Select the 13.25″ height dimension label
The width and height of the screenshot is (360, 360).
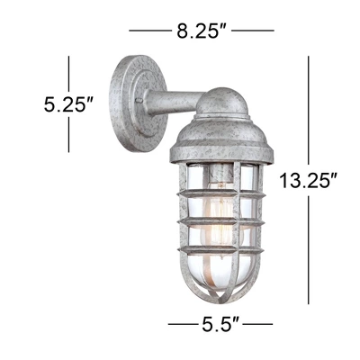pyautogui.click(x=309, y=181)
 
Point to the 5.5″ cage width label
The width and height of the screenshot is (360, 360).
pyautogui.click(x=220, y=324)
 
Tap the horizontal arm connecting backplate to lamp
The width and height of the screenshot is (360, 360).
pyautogui.click(x=174, y=103)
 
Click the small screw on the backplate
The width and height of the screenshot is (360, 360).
pyautogui.click(x=139, y=101)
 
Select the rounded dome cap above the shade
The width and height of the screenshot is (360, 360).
pyautogui.click(x=222, y=102)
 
